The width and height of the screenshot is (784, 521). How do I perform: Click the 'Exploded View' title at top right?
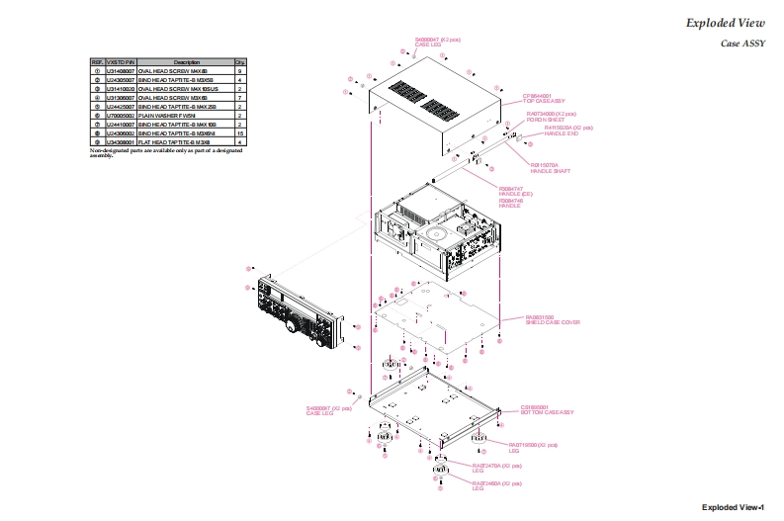725,23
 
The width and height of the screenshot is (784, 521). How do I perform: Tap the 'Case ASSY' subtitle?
742,44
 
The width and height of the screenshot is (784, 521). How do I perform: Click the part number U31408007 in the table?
120,71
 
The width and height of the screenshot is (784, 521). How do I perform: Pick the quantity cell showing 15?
240,133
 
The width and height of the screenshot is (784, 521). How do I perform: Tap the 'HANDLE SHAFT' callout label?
545,171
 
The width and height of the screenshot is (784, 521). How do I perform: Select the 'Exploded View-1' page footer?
733,507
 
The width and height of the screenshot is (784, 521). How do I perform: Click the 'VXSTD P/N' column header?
120,62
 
